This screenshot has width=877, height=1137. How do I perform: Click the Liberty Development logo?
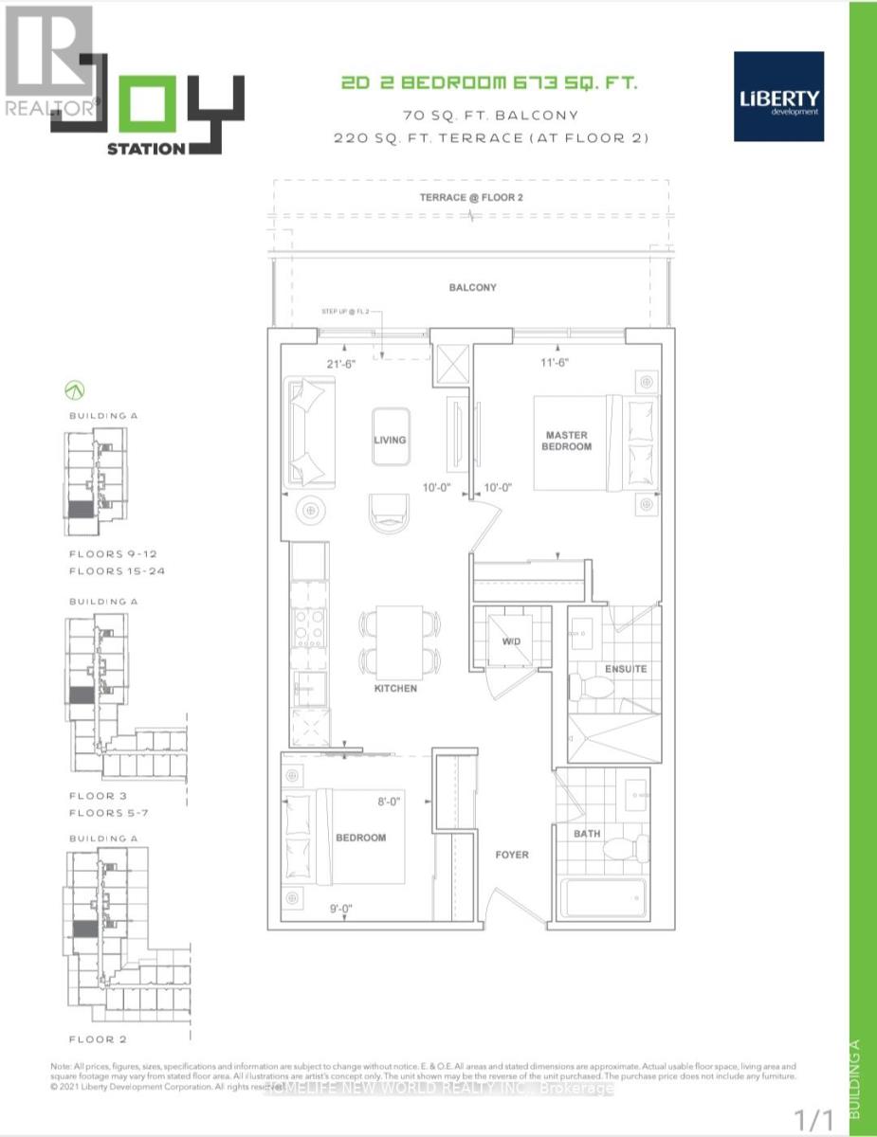point(778,97)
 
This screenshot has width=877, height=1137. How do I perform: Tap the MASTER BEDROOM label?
point(567,441)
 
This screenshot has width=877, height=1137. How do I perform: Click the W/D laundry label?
point(512,642)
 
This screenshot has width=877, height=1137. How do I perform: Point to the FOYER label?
point(512,855)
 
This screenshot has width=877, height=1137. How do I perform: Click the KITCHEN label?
point(394,688)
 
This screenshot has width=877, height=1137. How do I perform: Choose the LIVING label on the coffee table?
point(390,440)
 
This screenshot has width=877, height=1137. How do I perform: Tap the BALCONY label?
point(473,287)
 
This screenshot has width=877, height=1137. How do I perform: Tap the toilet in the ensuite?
point(597,685)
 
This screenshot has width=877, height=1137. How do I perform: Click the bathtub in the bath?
point(602,898)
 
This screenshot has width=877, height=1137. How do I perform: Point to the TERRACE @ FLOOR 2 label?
point(471,197)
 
